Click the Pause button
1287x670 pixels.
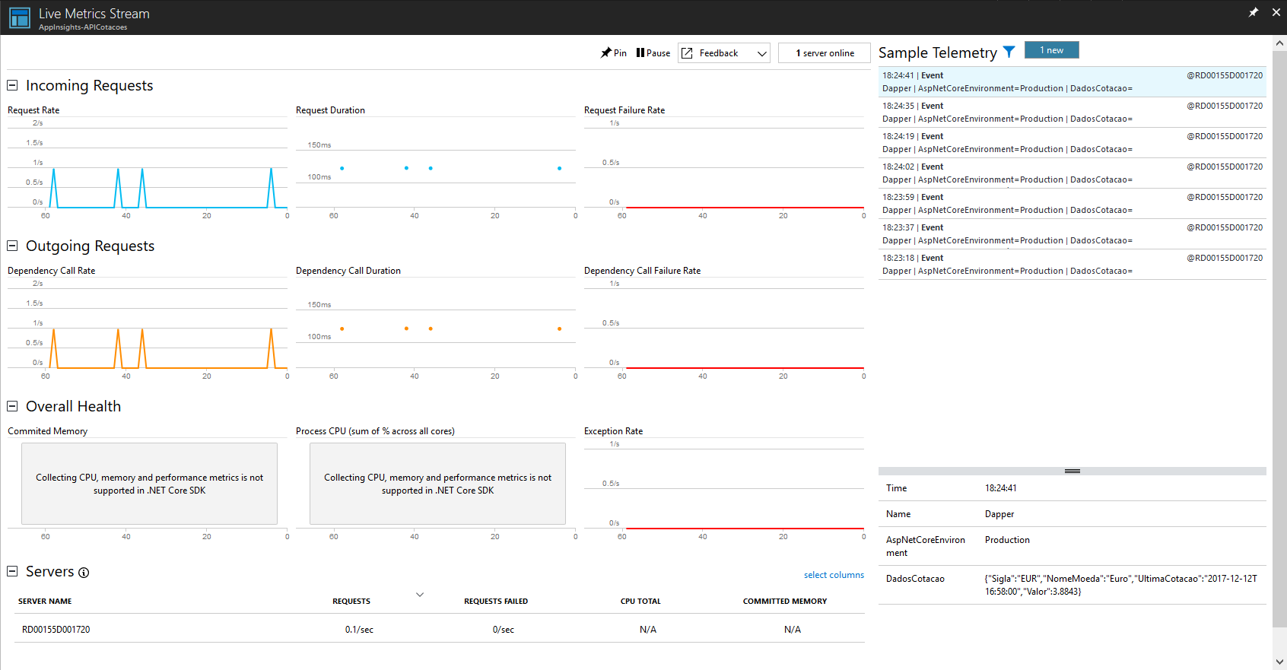click(x=653, y=53)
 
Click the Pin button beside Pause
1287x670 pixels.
click(x=614, y=53)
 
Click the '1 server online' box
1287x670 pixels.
click(x=825, y=53)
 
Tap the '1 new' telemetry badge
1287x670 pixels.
click(x=1051, y=50)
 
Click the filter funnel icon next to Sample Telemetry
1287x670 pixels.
click(x=1009, y=52)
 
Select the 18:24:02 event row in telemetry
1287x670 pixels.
click(x=1072, y=173)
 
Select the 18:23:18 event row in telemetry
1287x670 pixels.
click(x=1072, y=264)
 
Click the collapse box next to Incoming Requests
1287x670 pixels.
click(x=12, y=85)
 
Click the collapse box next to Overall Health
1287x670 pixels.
click(x=12, y=406)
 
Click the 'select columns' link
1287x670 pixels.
click(x=834, y=575)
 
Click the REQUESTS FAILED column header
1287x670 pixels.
click(x=496, y=601)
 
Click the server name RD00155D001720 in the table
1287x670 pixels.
click(x=56, y=630)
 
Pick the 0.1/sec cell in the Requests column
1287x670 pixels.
click(x=359, y=630)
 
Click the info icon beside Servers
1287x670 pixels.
click(x=84, y=573)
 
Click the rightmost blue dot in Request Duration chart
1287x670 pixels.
click(x=559, y=168)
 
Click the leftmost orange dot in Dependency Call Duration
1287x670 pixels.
click(x=342, y=329)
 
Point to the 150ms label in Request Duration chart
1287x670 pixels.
click(x=319, y=144)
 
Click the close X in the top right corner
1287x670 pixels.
click(x=1276, y=12)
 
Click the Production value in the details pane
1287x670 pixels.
click(x=1007, y=540)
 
